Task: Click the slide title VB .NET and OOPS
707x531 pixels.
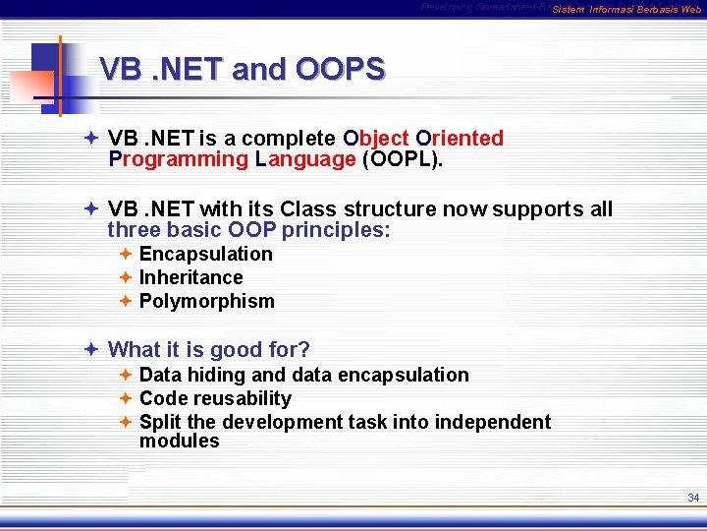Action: pyautogui.click(x=243, y=69)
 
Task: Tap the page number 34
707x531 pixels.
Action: pyautogui.click(x=693, y=498)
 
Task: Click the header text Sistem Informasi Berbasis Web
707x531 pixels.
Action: pyautogui.click(x=626, y=10)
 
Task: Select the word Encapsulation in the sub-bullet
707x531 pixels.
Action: pyautogui.click(x=206, y=254)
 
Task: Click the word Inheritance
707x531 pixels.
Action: pyautogui.click(x=190, y=277)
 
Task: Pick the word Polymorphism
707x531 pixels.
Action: pyautogui.click(x=207, y=301)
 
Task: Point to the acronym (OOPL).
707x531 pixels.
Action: pyautogui.click(x=403, y=159)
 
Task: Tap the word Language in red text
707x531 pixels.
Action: pyautogui.click(x=305, y=159)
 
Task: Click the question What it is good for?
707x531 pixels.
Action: pyautogui.click(x=209, y=349)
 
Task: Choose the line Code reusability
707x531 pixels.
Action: pyautogui.click(x=215, y=398)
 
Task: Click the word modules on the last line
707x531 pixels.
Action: pyautogui.click(x=180, y=442)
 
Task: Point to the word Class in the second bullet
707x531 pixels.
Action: pyautogui.click(x=308, y=208)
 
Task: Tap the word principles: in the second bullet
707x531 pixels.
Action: pyautogui.click(x=337, y=230)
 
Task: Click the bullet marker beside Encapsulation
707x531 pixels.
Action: pyautogui.click(x=126, y=254)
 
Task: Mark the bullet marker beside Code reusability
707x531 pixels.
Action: pyautogui.click(x=126, y=398)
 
